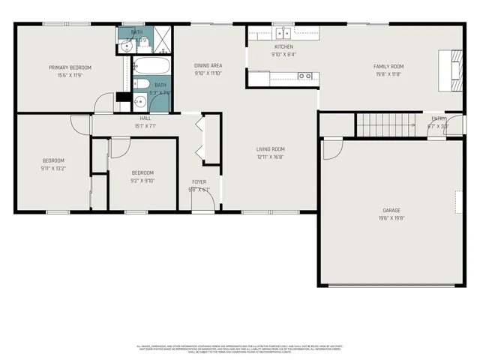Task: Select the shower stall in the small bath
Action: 162,37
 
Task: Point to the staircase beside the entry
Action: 385,124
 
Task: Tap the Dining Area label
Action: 208,66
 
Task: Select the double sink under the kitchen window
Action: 283,32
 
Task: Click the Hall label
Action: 145,119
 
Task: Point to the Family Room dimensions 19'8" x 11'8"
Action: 388,74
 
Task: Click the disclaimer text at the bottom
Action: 240,349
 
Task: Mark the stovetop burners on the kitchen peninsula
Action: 304,76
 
